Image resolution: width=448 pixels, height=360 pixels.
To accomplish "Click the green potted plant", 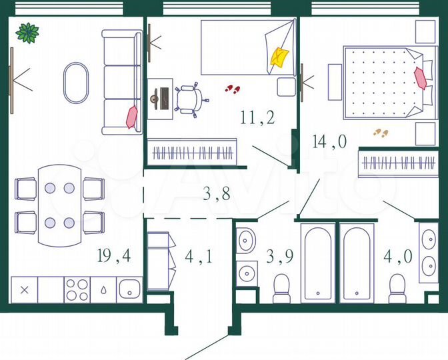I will tap(27, 32).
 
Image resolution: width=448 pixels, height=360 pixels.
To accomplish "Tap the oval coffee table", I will tap(75, 83).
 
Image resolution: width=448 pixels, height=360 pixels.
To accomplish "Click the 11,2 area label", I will tap(258, 119).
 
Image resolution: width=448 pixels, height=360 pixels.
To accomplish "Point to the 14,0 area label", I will tap(330, 140).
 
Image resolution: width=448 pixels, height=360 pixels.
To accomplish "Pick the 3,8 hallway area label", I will tap(217, 195).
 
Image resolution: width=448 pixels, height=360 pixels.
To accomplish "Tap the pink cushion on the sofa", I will tap(132, 117).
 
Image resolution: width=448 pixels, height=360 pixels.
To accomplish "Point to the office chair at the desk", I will tap(190, 99).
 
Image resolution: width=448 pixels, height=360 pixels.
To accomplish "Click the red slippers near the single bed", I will tap(232, 88).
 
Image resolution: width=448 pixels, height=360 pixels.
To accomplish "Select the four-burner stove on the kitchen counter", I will tap(77, 290).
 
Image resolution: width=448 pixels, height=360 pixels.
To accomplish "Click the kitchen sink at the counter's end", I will tap(129, 290).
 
